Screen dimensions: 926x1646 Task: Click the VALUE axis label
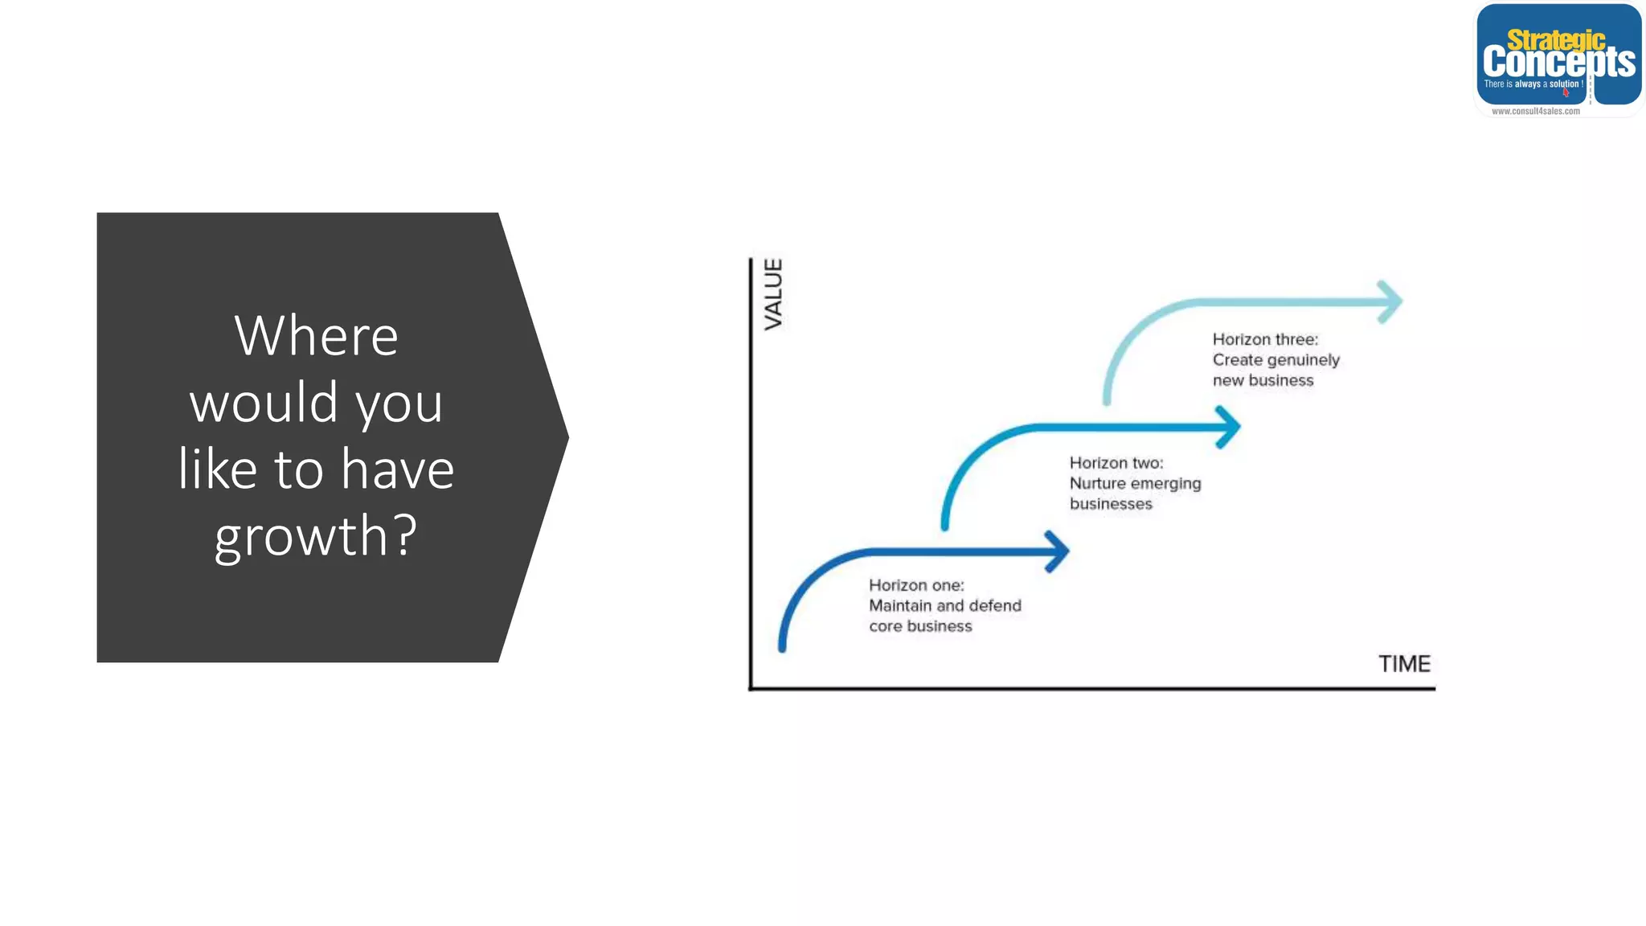pyautogui.click(x=773, y=294)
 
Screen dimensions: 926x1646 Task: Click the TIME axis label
pyautogui.click(x=1404, y=664)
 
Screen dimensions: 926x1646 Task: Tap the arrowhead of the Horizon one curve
pyautogui.click(x=1060, y=551)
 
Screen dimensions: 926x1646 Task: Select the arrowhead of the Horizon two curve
pyautogui.click(x=1230, y=427)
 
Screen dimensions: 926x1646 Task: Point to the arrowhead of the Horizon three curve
pyautogui.click(x=1392, y=302)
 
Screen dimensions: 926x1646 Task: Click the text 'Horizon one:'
pyautogui.click(x=916, y=585)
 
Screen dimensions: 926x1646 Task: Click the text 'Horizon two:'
pyautogui.click(x=1116, y=463)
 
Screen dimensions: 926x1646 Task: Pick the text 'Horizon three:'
pyautogui.click(x=1265, y=339)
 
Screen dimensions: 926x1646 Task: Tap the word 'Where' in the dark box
pyautogui.click(x=316, y=335)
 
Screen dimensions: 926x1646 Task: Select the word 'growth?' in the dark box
pyautogui.click(x=316, y=535)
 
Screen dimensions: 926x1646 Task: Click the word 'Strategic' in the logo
pyautogui.click(x=1556, y=39)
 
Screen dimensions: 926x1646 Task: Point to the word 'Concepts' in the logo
pyautogui.click(x=1558, y=62)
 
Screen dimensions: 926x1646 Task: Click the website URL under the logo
pyautogui.click(x=1535, y=112)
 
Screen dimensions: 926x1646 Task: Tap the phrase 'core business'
pyautogui.click(x=920, y=626)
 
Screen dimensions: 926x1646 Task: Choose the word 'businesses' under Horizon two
pyautogui.click(x=1111, y=504)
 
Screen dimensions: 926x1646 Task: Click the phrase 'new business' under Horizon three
pyautogui.click(x=1263, y=380)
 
